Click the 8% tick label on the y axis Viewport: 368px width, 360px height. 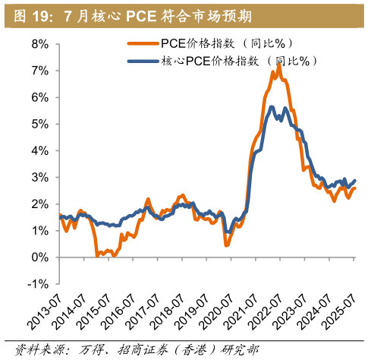pos(40,44)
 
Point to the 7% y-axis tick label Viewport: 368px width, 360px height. pos(40,71)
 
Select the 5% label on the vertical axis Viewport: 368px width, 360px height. pos(40,124)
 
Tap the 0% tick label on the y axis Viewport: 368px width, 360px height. pos(40,257)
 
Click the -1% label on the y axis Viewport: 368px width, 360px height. pos(38,284)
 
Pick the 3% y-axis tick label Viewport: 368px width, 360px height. pos(40,177)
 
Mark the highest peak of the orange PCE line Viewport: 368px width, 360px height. pos(279,65)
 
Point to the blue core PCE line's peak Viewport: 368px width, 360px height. pos(285,107)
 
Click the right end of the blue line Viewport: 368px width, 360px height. pos(354,180)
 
